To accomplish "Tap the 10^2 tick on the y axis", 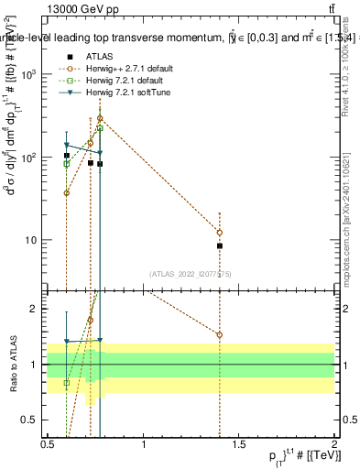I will [x=33, y=158].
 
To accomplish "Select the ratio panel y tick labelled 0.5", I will [x=35, y=420].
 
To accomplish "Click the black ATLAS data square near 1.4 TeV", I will [x=220, y=245].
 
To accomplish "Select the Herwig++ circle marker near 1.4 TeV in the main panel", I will [x=220, y=232].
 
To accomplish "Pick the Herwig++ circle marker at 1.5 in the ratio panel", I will [x=220, y=334].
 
